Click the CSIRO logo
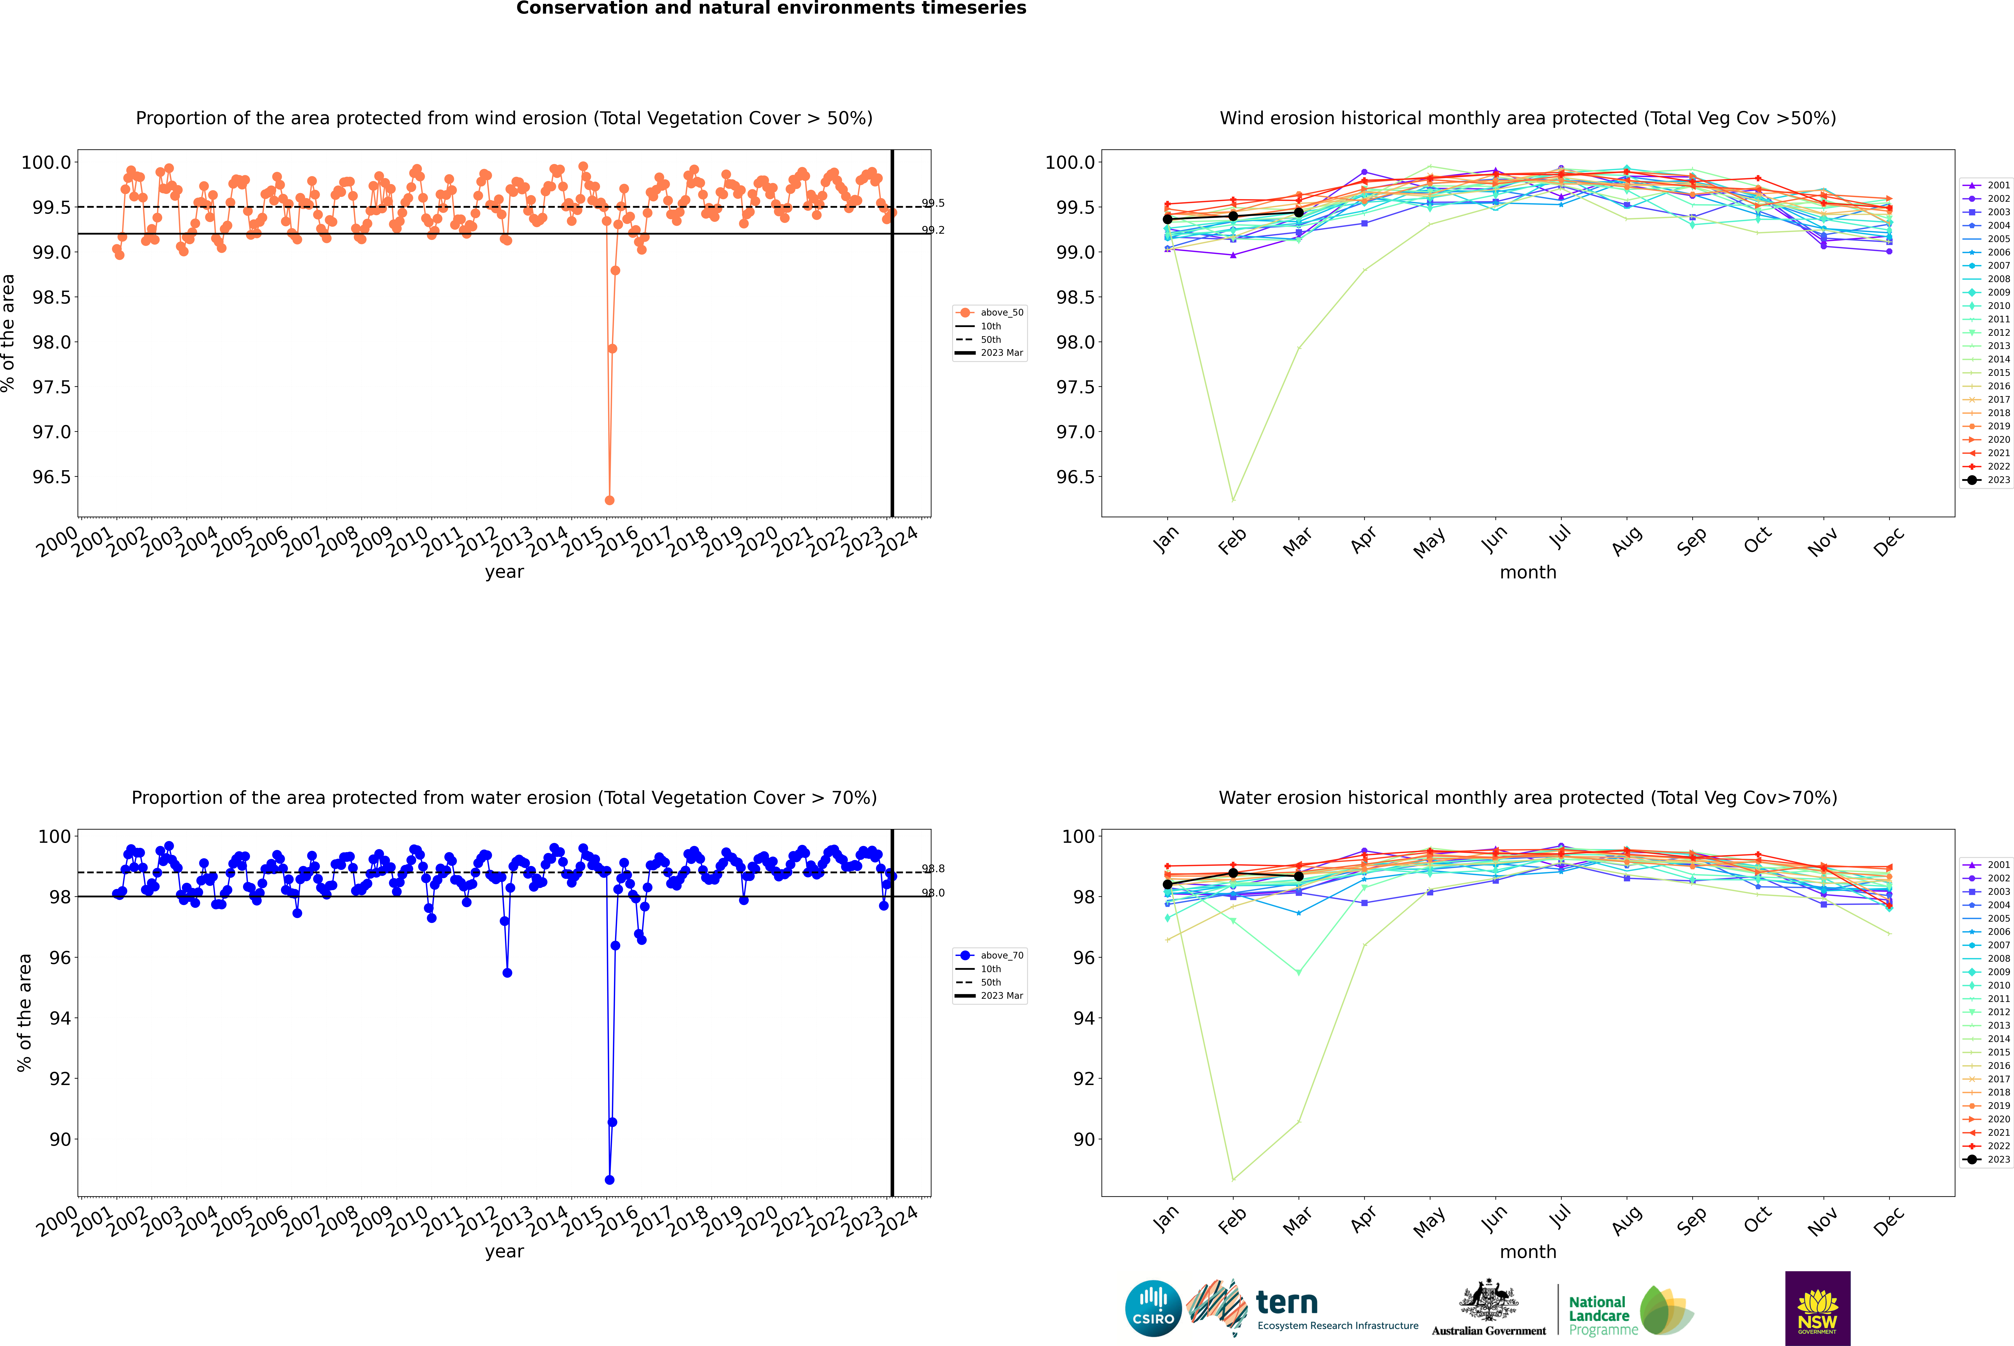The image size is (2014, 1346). [x=1153, y=1308]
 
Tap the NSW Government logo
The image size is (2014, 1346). [x=1817, y=1308]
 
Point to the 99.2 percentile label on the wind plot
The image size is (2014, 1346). [x=933, y=230]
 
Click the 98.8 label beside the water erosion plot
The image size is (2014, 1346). [x=933, y=869]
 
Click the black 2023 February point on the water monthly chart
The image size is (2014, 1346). [x=1233, y=873]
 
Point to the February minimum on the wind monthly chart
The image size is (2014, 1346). [x=1233, y=500]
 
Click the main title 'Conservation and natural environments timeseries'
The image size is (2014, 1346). [x=771, y=9]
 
